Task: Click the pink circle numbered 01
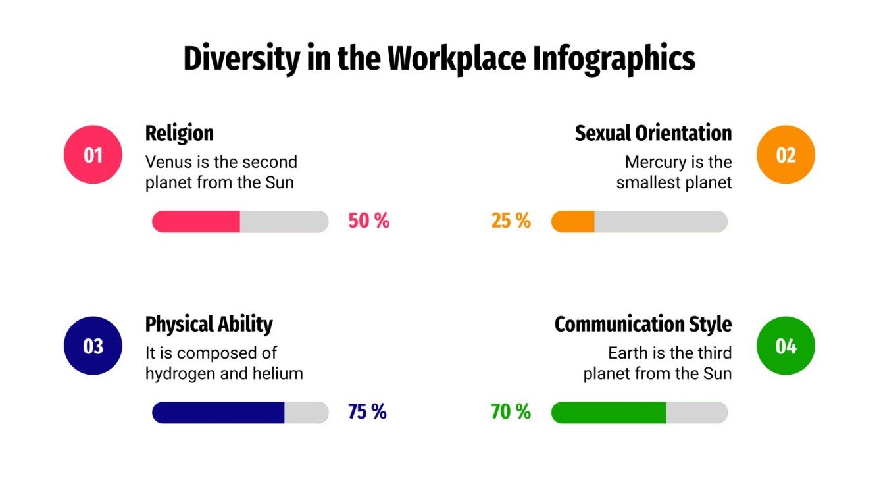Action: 93,155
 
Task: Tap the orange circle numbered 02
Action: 786,155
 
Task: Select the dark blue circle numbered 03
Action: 93,346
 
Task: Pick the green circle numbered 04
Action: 786,346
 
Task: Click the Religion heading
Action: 179,133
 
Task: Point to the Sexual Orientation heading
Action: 653,133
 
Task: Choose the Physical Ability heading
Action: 209,324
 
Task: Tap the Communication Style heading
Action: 643,324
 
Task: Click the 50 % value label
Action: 368,221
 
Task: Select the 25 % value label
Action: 511,221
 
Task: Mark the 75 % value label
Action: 367,412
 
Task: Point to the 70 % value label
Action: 511,412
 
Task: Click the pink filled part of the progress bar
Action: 196,222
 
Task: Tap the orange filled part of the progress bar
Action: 573,222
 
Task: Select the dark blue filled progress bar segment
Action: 218,413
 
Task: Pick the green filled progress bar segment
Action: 609,413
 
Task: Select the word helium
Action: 278,374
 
